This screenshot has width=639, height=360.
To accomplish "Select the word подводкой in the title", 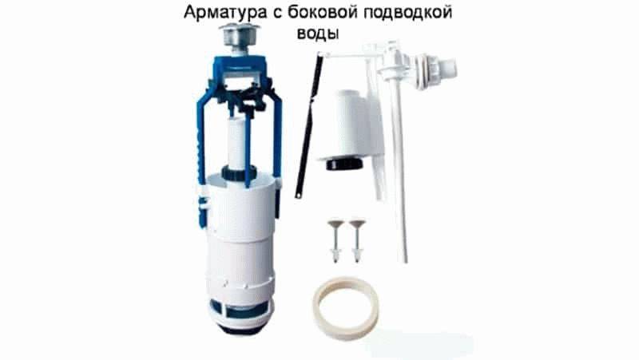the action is [408, 13].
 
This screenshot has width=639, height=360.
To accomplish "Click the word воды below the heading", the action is [318, 33].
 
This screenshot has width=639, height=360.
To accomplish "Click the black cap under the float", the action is [344, 164].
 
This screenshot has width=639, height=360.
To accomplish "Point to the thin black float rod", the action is [308, 126].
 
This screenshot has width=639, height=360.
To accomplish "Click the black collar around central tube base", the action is [238, 173].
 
